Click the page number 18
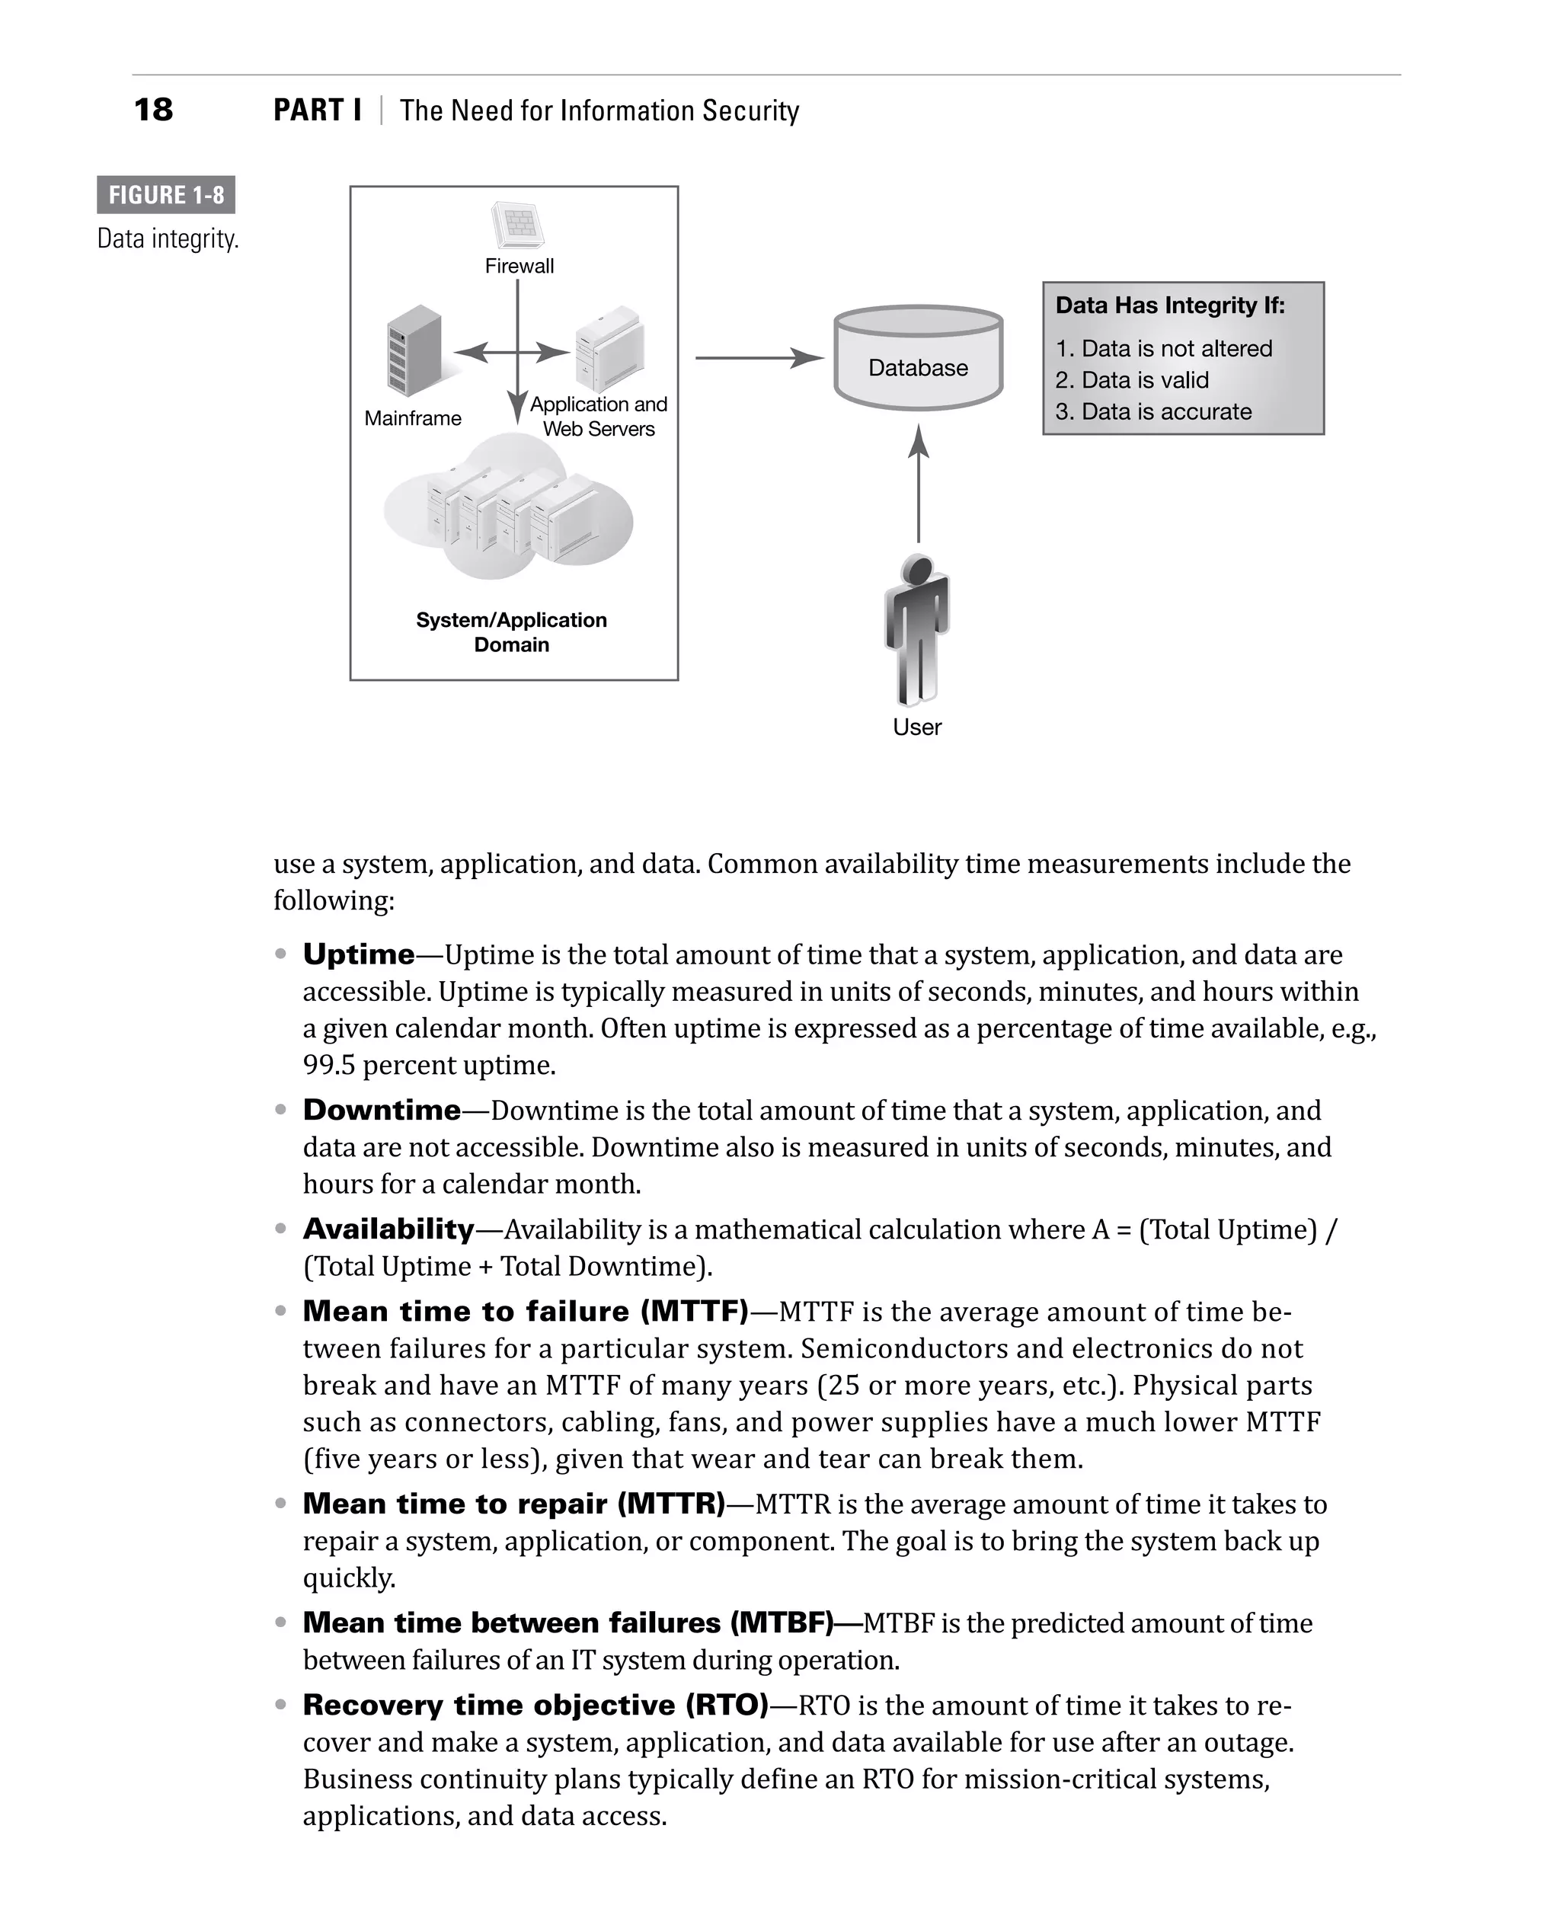153,110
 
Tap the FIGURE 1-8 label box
166,195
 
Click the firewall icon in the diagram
519,225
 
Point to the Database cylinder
917,360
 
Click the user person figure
916,630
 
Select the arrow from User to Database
917,485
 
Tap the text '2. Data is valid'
1131,380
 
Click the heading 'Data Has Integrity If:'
1170,305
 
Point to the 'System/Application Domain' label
511,631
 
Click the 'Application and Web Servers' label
599,416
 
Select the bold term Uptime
359,954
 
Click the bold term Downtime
382,1110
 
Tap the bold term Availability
388,1229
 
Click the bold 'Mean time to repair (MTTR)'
513,1504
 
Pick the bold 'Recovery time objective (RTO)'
535,1705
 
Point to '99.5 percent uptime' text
429,1065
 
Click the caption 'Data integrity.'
168,239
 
